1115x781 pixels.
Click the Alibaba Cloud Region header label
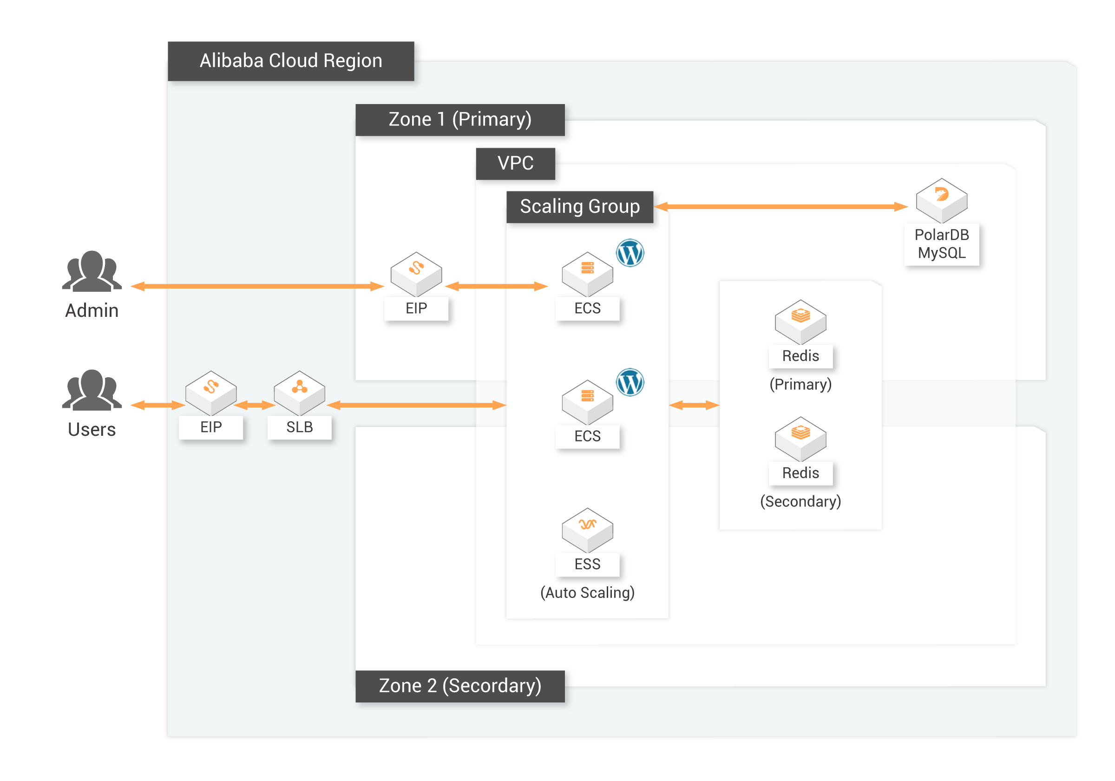[x=291, y=61]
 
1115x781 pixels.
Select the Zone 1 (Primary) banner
[x=460, y=119]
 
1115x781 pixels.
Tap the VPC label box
[x=515, y=164]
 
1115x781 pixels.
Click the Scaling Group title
[x=580, y=207]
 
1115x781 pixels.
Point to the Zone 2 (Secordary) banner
[x=460, y=686]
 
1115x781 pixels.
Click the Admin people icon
[x=92, y=271]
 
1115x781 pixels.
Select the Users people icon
[x=92, y=390]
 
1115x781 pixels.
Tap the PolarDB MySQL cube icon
[x=942, y=201]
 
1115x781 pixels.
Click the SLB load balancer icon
[x=300, y=393]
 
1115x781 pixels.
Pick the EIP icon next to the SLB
[x=211, y=393]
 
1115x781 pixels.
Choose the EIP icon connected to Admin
[x=416, y=275]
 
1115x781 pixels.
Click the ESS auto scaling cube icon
[x=588, y=531]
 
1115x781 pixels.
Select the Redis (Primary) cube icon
[x=800, y=322]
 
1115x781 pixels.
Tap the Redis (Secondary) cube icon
[x=800, y=439]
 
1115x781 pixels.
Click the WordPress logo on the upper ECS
[x=630, y=253]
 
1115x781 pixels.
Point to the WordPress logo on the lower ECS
[x=630, y=382]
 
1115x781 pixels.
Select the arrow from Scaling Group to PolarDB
[x=781, y=207]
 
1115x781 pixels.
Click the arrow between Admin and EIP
[x=257, y=287]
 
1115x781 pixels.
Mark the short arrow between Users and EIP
[x=158, y=405]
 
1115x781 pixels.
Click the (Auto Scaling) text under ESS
[x=588, y=592]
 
